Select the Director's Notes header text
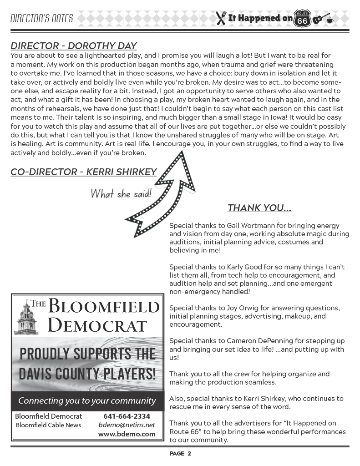tap(41, 19)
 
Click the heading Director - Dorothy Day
tap(74, 46)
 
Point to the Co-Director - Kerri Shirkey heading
tap(83, 172)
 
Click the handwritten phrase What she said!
tap(121, 193)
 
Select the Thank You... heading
tap(259, 208)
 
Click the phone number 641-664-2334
tap(127, 416)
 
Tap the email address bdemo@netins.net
tap(127, 425)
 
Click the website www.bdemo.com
tap(127, 434)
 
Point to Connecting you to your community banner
tap(87, 401)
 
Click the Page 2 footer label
tap(180, 453)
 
